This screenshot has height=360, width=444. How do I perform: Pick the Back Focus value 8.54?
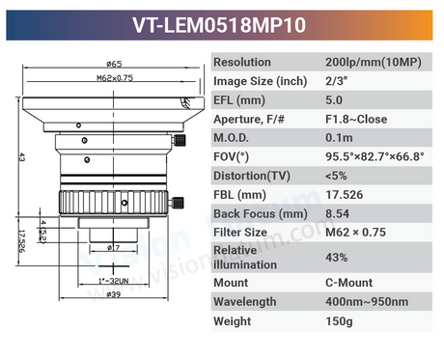pos(338,212)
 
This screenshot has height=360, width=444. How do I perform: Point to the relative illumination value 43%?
pos(337,257)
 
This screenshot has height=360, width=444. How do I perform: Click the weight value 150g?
pos(338,320)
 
